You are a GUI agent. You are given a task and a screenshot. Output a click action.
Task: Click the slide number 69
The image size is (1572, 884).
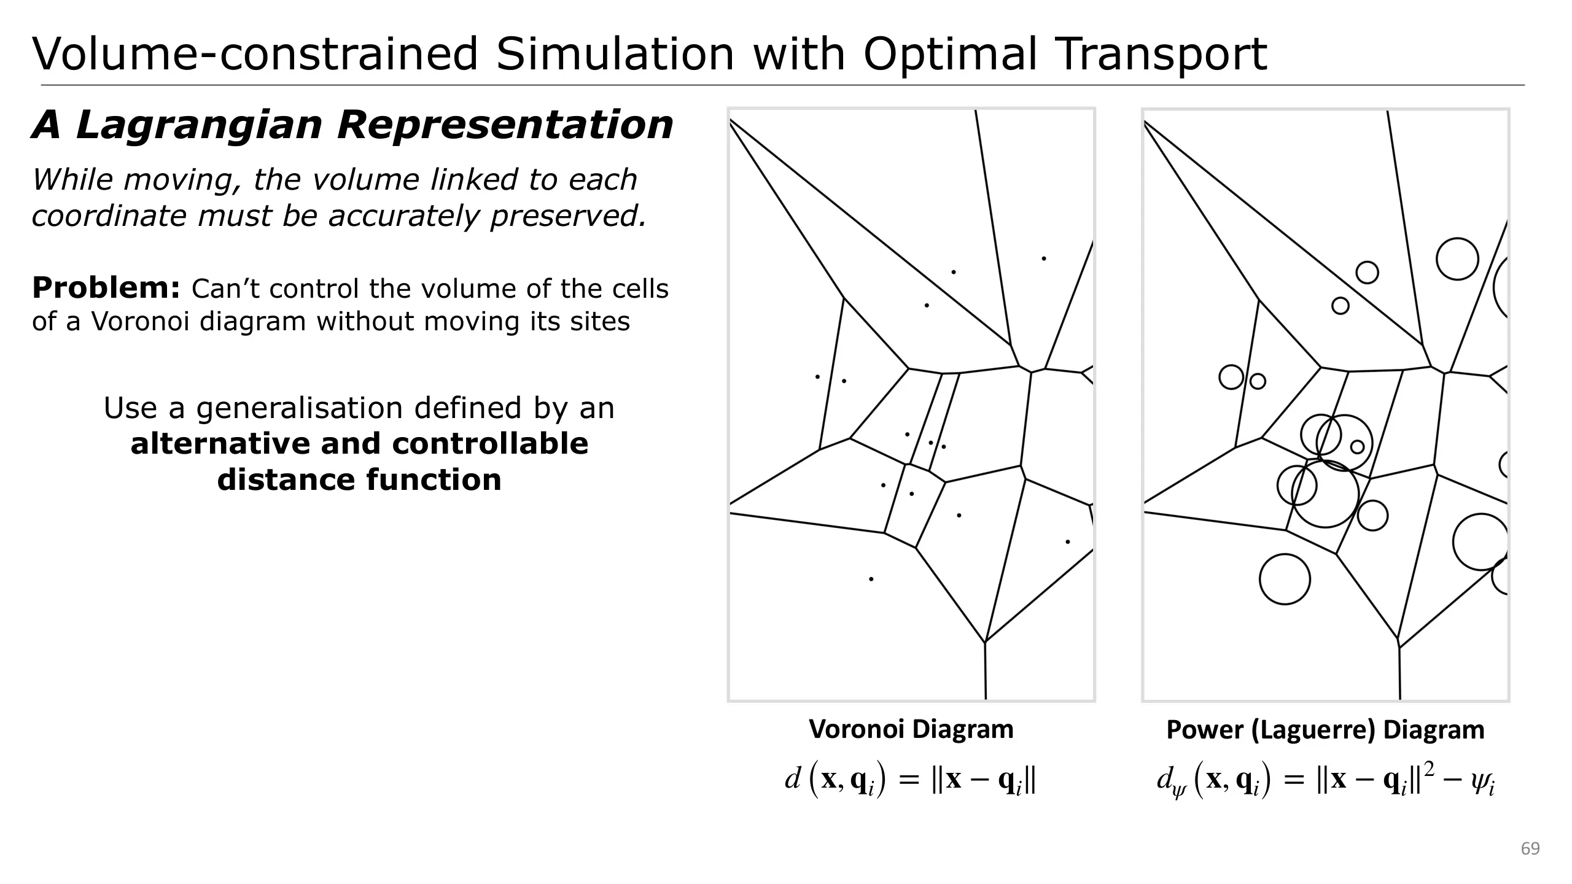[1530, 849]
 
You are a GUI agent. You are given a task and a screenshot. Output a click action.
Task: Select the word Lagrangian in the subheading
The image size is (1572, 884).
[199, 125]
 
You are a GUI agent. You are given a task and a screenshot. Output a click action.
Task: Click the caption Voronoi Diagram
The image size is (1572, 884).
[911, 729]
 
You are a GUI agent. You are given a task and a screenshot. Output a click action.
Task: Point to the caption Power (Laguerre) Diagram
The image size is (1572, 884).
[1325, 730]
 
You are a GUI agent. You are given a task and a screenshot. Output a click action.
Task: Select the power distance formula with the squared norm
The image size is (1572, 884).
[1325, 781]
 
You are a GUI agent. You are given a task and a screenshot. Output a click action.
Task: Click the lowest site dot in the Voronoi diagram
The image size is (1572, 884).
[871, 579]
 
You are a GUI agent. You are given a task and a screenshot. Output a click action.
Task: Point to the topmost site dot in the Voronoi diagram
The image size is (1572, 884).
[1043, 258]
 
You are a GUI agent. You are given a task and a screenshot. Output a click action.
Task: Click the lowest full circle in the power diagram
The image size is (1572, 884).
[1285, 580]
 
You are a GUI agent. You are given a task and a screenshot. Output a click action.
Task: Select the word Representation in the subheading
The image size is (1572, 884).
[505, 125]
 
